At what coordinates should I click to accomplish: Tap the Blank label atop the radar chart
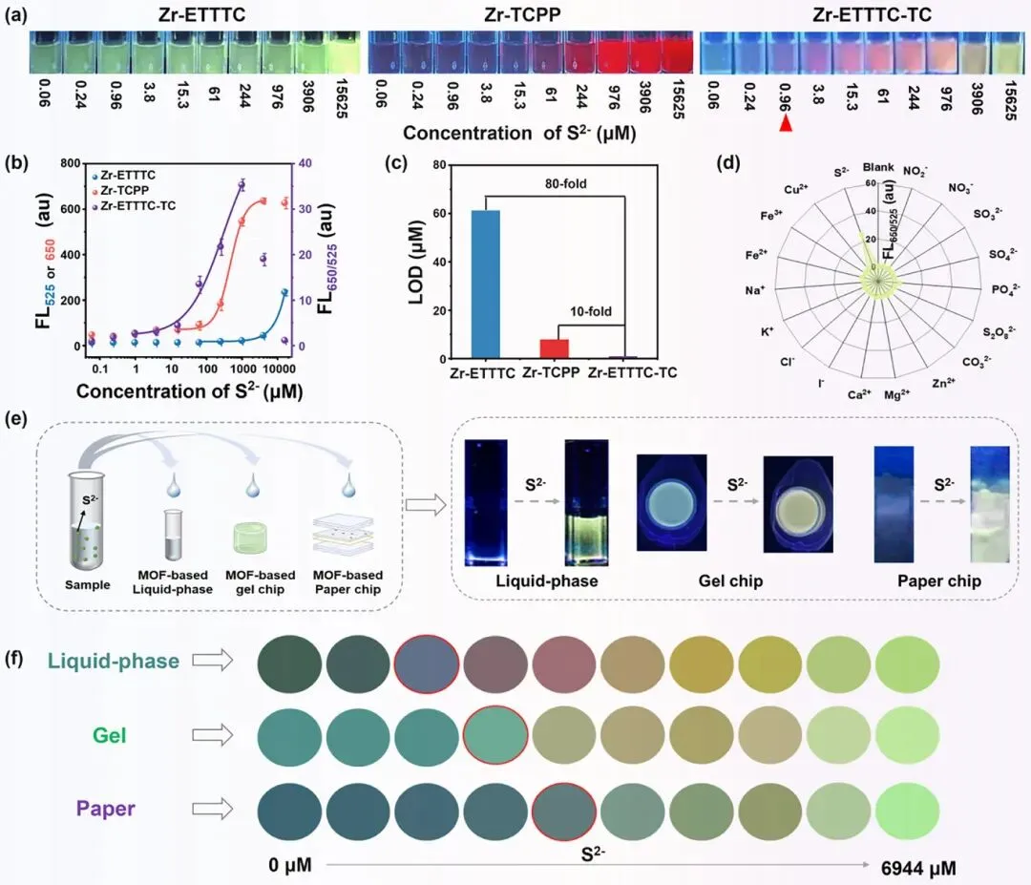tap(879, 168)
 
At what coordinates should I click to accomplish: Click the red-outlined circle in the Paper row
tap(564, 810)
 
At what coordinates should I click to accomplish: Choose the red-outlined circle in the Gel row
tap(495, 734)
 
